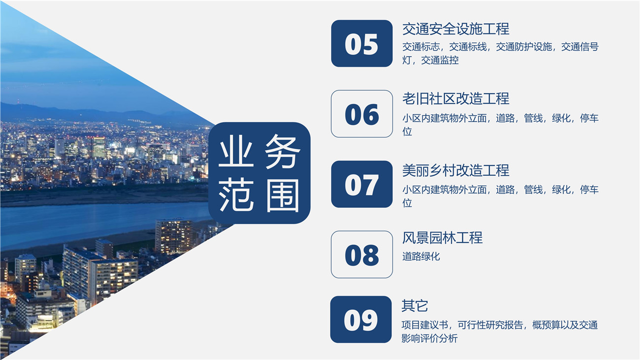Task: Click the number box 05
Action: pyautogui.click(x=362, y=43)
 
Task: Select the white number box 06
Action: pyautogui.click(x=362, y=114)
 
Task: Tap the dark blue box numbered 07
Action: pyautogui.click(x=362, y=184)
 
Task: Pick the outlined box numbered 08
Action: pyautogui.click(x=362, y=254)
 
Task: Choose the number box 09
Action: pyautogui.click(x=361, y=320)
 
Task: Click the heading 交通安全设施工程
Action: pyautogui.click(x=456, y=29)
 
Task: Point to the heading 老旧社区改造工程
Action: pyautogui.click(x=456, y=99)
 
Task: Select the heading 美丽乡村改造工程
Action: pyautogui.click(x=456, y=170)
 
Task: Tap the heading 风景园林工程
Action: pyautogui.click(x=442, y=238)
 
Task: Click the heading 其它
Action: pyautogui.click(x=415, y=306)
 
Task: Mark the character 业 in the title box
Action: pyautogui.click(x=236, y=151)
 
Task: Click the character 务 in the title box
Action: pyautogui.click(x=282, y=151)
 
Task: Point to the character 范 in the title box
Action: pyautogui.click(x=236, y=196)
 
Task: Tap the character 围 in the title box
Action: pyautogui.click(x=282, y=196)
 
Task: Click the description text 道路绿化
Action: pyautogui.click(x=421, y=256)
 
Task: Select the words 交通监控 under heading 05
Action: pyautogui.click(x=440, y=60)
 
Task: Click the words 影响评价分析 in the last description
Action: pyautogui.click(x=430, y=338)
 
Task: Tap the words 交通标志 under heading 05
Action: pyautogui.click(x=421, y=47)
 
